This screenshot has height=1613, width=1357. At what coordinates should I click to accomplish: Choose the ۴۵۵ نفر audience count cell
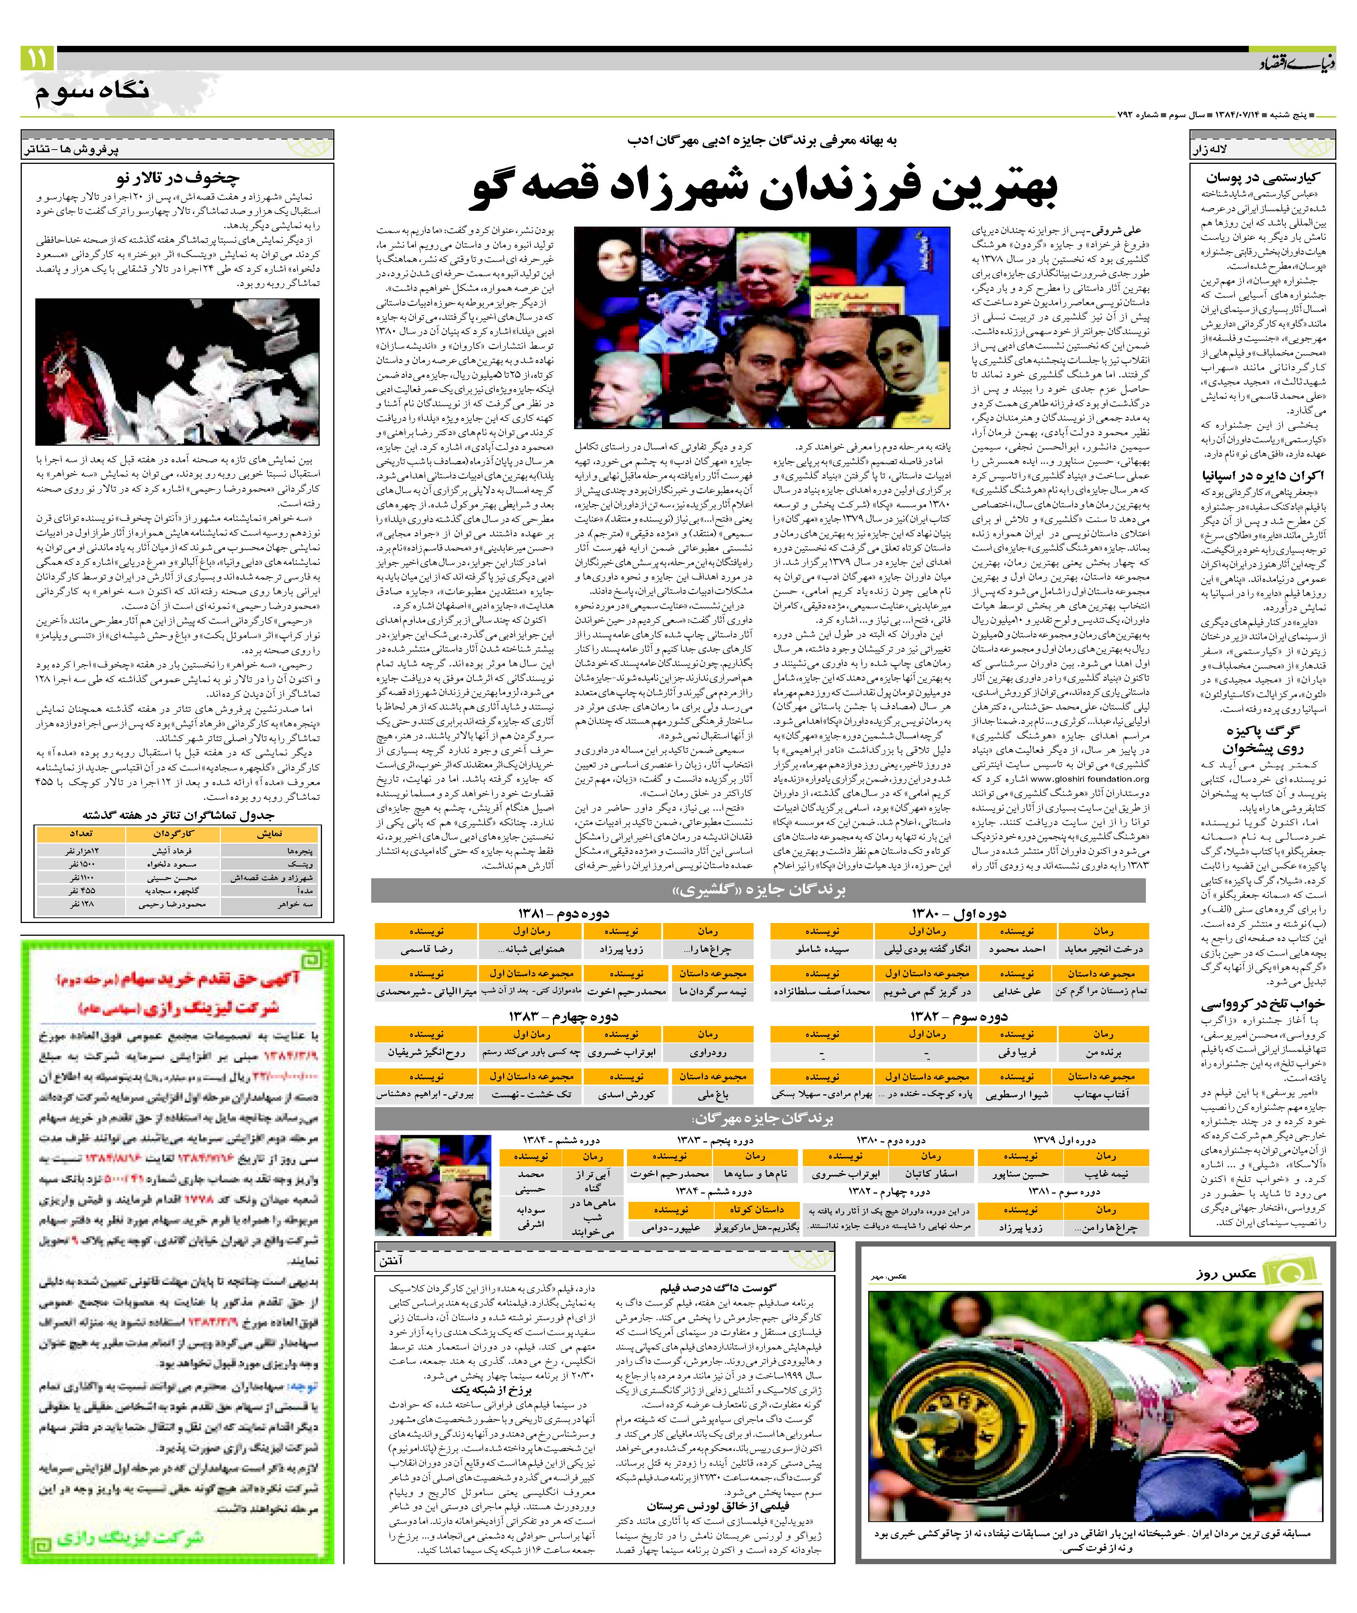(81, 890)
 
